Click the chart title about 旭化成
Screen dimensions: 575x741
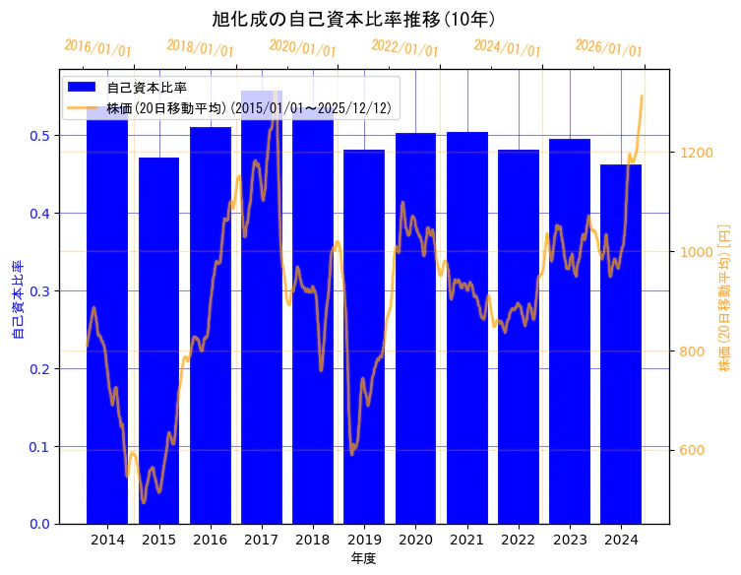tap(353, 19)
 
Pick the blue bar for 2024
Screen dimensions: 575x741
tap(621, 344)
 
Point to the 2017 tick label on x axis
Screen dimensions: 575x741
tap(261, 540)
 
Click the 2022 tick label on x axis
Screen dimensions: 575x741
tap(518, 540)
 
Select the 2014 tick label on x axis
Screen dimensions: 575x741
tap(107, 540)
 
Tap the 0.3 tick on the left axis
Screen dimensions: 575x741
tap(41, 290)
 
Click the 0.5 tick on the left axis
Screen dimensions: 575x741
tap(41, 136)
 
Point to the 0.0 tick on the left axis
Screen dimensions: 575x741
tap(41, 524)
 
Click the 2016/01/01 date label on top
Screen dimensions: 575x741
tap(97, 47)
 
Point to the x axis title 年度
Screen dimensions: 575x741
tap(363, 558)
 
